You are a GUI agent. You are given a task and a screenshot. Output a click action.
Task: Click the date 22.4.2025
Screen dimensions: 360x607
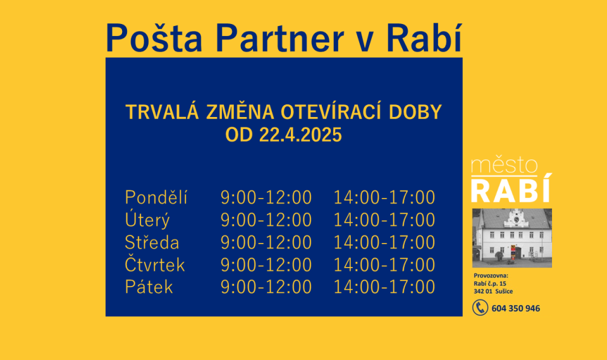(x=300, y=135)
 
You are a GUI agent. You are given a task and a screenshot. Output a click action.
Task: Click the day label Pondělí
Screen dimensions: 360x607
(x=156, y=197)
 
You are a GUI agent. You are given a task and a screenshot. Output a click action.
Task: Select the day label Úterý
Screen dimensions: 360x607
(x=147, y=220)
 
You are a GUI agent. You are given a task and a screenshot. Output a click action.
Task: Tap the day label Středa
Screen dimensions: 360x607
(x=152, y=242)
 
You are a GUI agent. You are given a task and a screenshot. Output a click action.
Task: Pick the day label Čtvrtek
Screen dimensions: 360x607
(x=155, y=265)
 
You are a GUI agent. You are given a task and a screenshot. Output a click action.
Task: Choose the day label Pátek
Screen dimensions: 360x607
(x=149, y=287)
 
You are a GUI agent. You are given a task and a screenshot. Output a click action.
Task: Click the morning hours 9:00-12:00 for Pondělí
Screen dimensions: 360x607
(x=266, y=197)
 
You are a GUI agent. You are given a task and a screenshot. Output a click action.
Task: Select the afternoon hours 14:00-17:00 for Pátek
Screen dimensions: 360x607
(x=384, y=287)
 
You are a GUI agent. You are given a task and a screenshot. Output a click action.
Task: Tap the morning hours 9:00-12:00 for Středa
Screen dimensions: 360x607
(x=266, y=242)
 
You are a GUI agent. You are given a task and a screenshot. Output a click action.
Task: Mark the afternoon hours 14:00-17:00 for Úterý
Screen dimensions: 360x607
(x=384, y=220)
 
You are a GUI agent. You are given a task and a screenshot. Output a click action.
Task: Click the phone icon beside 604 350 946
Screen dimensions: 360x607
(x=480, y=308)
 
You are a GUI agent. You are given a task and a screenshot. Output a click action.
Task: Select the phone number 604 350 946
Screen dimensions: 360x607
(x=515, y=309)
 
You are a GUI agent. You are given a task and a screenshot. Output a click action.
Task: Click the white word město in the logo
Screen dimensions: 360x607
(x=504, y=166)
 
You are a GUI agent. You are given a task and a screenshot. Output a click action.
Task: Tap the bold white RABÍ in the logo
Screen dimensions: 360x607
(x=511, y=190)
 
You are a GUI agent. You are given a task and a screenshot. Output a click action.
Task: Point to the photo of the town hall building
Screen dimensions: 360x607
(x=512, y=237)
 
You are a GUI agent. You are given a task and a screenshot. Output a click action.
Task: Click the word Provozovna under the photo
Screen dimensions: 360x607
(x=491, y=276)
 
